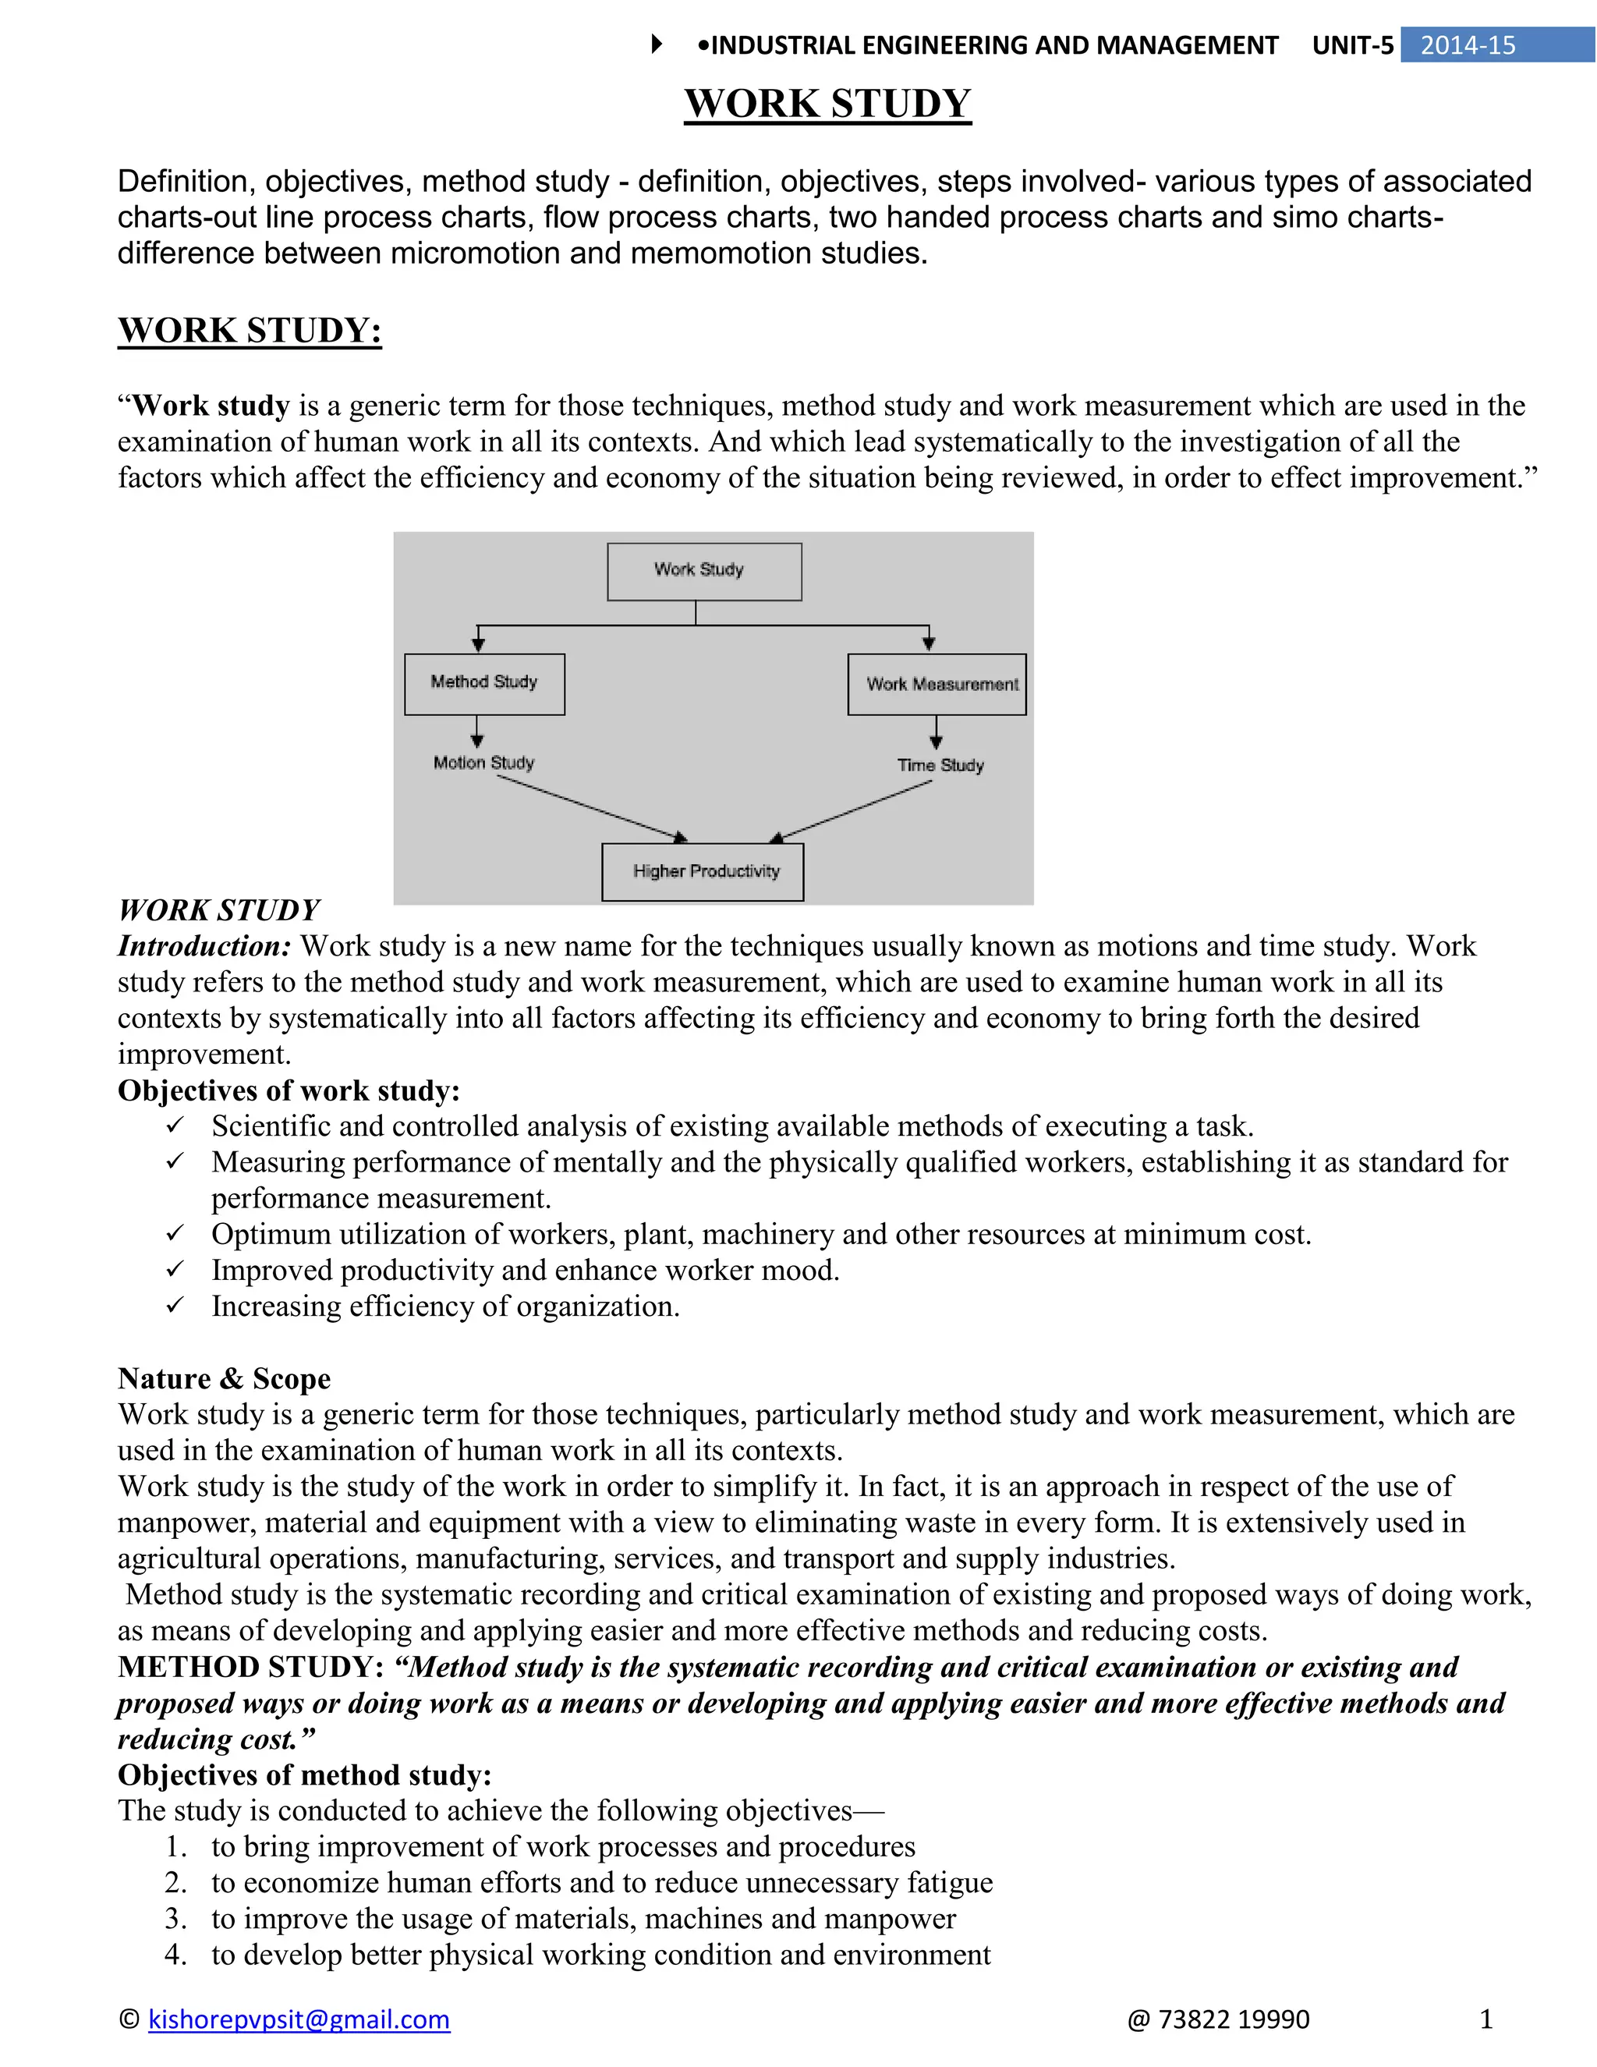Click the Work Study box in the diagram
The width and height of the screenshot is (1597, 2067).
click(x=704, y=572)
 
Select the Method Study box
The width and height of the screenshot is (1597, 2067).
click(x=484, y=683)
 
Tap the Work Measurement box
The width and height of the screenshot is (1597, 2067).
click(x=937, y=684)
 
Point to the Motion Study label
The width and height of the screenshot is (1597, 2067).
click(x=483, y=763)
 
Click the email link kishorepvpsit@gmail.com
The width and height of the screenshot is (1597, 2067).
click(x=299, y=2019)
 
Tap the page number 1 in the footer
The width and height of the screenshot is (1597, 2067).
click(x=1485, y=2019)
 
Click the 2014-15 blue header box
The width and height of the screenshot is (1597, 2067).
click(x=1496, y=45)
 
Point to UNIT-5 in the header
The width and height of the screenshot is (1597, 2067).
click(x=1352, y=45)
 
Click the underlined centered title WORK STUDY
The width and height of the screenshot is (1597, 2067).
click(x=828, y=103)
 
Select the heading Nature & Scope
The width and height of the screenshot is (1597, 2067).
click(x=225, y=1378)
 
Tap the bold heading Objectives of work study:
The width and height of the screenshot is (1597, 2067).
click(x=289, y=1090)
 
